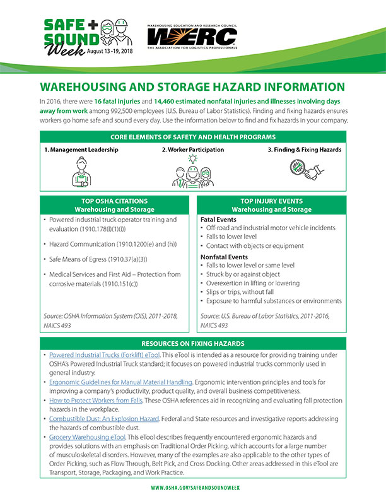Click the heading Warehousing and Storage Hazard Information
(192, 87)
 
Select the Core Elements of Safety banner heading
(192, 137)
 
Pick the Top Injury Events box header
(271, 205)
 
